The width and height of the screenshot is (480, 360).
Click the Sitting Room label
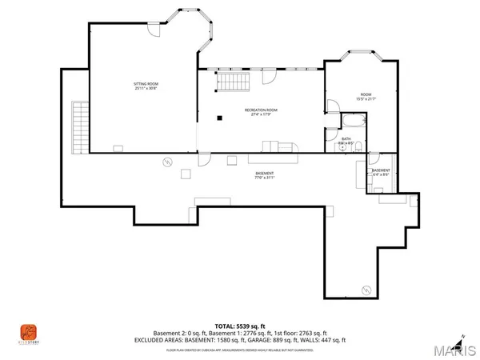pos(145,86)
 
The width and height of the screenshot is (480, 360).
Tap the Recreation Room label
pos(261,112)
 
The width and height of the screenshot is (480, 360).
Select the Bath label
pos(346,140)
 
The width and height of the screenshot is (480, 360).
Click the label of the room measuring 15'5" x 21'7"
pos(366,97)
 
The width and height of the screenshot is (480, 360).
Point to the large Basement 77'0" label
pos(265,175)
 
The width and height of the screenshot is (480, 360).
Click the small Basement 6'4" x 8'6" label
pos(381,171)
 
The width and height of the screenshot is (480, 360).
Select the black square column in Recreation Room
pos(219,118)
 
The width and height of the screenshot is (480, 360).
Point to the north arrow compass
pos(462,336)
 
